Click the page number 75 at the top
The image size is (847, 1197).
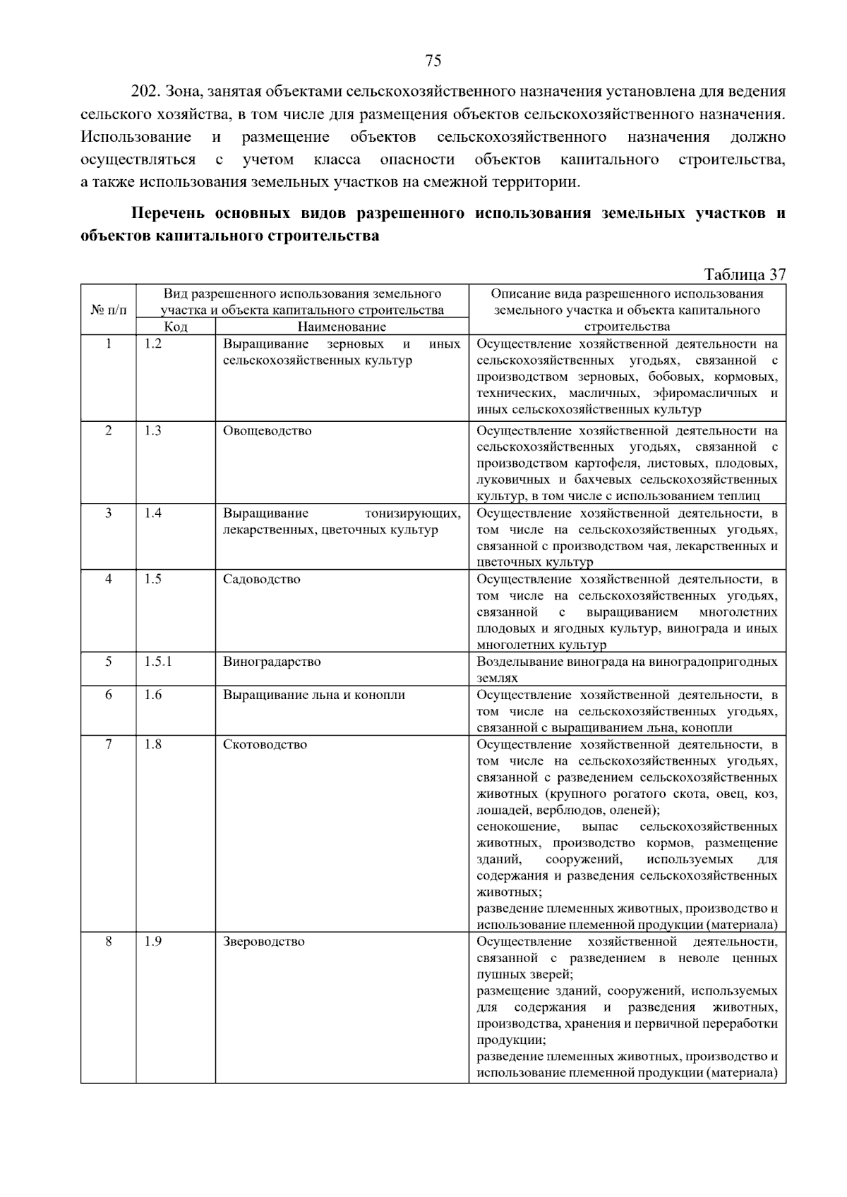pyautogui.click(x=433, y=61)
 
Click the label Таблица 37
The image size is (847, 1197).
pyautogui.click(x=744, y=274)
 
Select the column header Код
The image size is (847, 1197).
pyautogui.click(x=176, y=327)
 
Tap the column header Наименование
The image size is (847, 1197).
pyautogui.click(x=342, y=327)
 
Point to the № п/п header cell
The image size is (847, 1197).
pyautogui.click(x=109, y=310)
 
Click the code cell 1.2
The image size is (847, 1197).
pyautogui.click(x=153, y=344)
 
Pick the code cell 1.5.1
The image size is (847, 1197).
pyautogui.click(x=158, y=662)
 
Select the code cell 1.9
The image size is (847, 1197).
pyautogui.click(x=153, y=942)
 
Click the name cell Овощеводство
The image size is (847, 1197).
pyautogui.click(x=267, y=431)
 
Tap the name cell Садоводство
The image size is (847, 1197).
pyautogui.click(x=261, y=579)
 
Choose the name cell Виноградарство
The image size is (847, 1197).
pyautogui.click(x=272, y=662)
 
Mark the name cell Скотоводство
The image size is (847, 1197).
pyautogui.click(x=265, y=744)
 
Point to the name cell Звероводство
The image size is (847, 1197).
pyautogui.click(x=264, y=942)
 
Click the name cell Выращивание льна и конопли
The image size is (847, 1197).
pyautogui.click(x=314, y=695)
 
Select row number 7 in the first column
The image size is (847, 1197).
pyautogui.click(x=109, y=744)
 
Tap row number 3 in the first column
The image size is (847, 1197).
pyautogui.click(x=109, y=514)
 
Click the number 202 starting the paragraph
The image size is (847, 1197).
pyautogui.click(x=145, y=92)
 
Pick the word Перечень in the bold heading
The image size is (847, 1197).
pyautogui.click(x=168, y=213)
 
